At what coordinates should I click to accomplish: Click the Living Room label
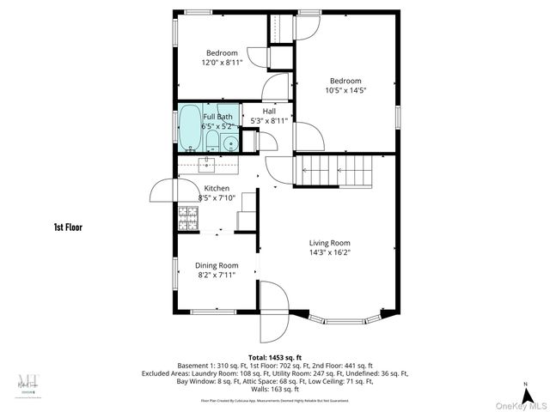pos(330,242)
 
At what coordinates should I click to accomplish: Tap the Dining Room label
pos(217,265)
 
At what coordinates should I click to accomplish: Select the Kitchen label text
pos(216,188)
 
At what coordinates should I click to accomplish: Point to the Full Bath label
pos(217,117)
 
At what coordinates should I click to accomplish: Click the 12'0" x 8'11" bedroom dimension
pos(222,62)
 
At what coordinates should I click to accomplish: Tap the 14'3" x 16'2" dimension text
pos(330,252)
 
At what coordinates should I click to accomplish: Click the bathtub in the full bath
pos(189,130)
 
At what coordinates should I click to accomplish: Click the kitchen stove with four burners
pos(187,219)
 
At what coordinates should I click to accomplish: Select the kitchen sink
pos(207,163)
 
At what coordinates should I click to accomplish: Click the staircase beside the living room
pos(337,170)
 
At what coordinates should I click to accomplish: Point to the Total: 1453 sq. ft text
pos(275,356)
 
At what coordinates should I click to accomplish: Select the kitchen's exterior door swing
pos(163,191)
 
